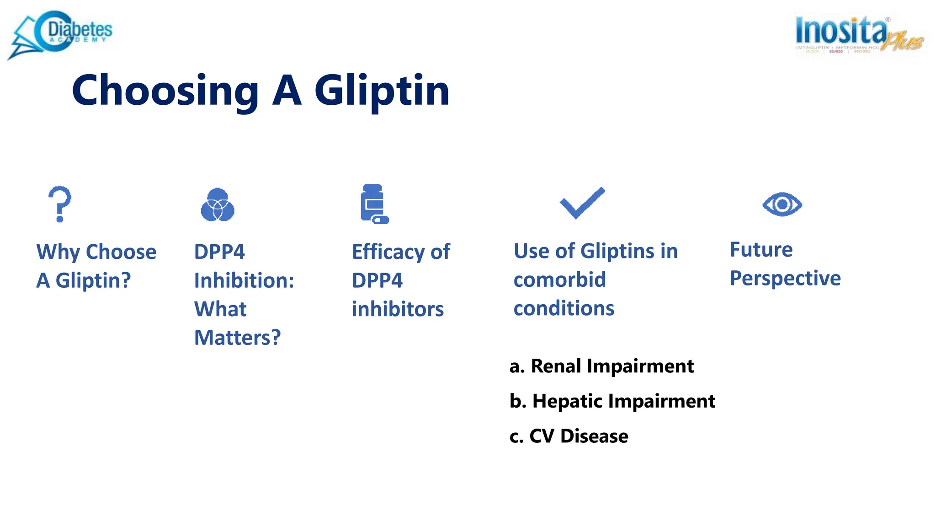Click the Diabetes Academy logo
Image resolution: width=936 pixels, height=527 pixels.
point(62,34)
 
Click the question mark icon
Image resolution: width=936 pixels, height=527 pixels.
point(60,204)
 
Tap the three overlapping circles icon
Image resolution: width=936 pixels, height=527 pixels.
point(218,205)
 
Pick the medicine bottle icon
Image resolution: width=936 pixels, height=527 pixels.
point(374,204)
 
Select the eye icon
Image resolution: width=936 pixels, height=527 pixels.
point(782,204)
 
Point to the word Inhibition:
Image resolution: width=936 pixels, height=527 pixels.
point(244,280)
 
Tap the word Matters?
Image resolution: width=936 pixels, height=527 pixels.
point(237,338)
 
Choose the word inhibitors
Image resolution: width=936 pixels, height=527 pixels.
point(398,309)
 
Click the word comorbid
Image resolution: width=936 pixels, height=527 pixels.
point(559,280)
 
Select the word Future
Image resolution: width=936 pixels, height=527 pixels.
point(761,250)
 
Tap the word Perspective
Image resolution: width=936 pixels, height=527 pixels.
point(785,279)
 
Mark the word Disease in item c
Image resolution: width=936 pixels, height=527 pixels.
point(594,436)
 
